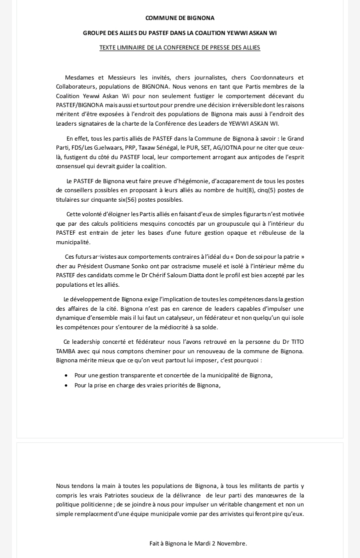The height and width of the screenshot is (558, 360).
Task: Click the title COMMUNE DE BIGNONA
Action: [179, 18]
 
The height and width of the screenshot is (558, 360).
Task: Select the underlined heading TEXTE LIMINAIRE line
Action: [179, 48]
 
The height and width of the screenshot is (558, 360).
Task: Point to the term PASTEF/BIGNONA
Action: [79, 105]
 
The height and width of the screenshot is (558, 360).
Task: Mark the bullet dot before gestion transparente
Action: [67, 376]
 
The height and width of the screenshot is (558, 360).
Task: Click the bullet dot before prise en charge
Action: [67, 386]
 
